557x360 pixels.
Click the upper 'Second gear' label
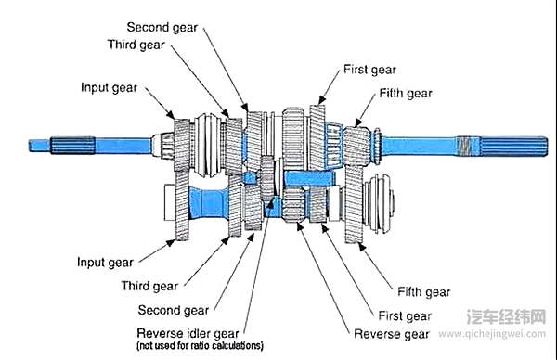tap(162, 27)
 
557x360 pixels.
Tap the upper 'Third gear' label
tap(136, 45)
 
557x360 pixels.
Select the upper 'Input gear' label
tap(109, 88)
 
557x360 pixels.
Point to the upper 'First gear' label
tap(369, 70)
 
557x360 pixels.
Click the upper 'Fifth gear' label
tap(406, 94)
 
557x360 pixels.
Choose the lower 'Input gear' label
tap(105, 263)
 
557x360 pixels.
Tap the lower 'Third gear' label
tap(149, 286)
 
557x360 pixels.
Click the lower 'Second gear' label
tap(174, 310)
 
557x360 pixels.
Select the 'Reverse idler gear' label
tap(188, 334)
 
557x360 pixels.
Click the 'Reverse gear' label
tap(392, 334)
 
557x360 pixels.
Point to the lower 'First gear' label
tap(405, 315)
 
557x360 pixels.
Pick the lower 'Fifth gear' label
tap(424, 292)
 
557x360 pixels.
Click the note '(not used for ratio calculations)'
tap(200, 345)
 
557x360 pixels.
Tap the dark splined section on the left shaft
tap(72, 146)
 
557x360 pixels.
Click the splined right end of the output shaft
tap(513, 146)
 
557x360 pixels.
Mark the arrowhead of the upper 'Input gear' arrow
tap(171, 115)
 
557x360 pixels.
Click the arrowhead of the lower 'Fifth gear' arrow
tap(361, 246)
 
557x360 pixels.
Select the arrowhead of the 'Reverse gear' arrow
tap(300, 225)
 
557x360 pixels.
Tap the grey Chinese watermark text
tap(506, 316)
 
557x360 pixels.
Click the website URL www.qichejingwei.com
tap(492, 334)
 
